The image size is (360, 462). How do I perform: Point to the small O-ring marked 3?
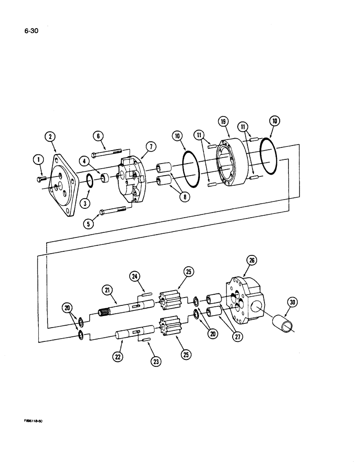coord(90,183)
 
